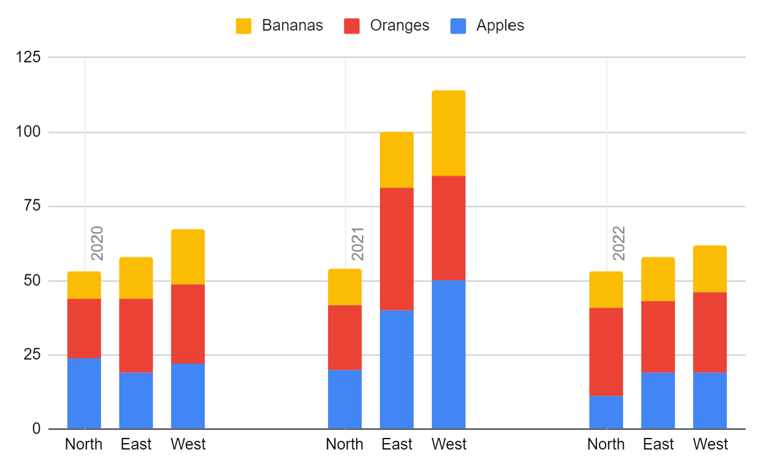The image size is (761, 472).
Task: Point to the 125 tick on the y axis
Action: [x=29, y=58]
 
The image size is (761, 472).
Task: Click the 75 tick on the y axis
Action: [x=33, y=206]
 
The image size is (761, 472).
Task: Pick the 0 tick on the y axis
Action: [x=37, y=429]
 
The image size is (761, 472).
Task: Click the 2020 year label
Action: [x=97, y=243]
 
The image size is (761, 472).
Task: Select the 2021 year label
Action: [x=357, y=243]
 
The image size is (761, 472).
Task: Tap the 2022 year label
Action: [x=619, y=243]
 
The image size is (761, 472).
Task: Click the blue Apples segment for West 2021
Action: [x=449, y=354]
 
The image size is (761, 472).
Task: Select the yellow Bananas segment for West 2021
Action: [x=449, y=133]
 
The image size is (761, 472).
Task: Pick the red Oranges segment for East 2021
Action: [x=397, y=249]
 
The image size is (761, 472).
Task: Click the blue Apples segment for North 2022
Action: [x=606, y=412]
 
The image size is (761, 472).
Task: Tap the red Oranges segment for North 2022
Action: [x=606, y=352]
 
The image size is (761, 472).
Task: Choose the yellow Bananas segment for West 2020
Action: [x=188, y=257]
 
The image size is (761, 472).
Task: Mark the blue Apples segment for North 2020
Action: [x=84, y=393]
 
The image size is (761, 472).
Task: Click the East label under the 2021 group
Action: [x=397, y=444]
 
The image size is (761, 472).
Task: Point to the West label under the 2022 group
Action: [x=710, y=444]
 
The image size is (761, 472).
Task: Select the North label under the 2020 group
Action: [x=84, y=444]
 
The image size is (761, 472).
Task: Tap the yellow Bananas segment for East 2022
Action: [x=658, y=279]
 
